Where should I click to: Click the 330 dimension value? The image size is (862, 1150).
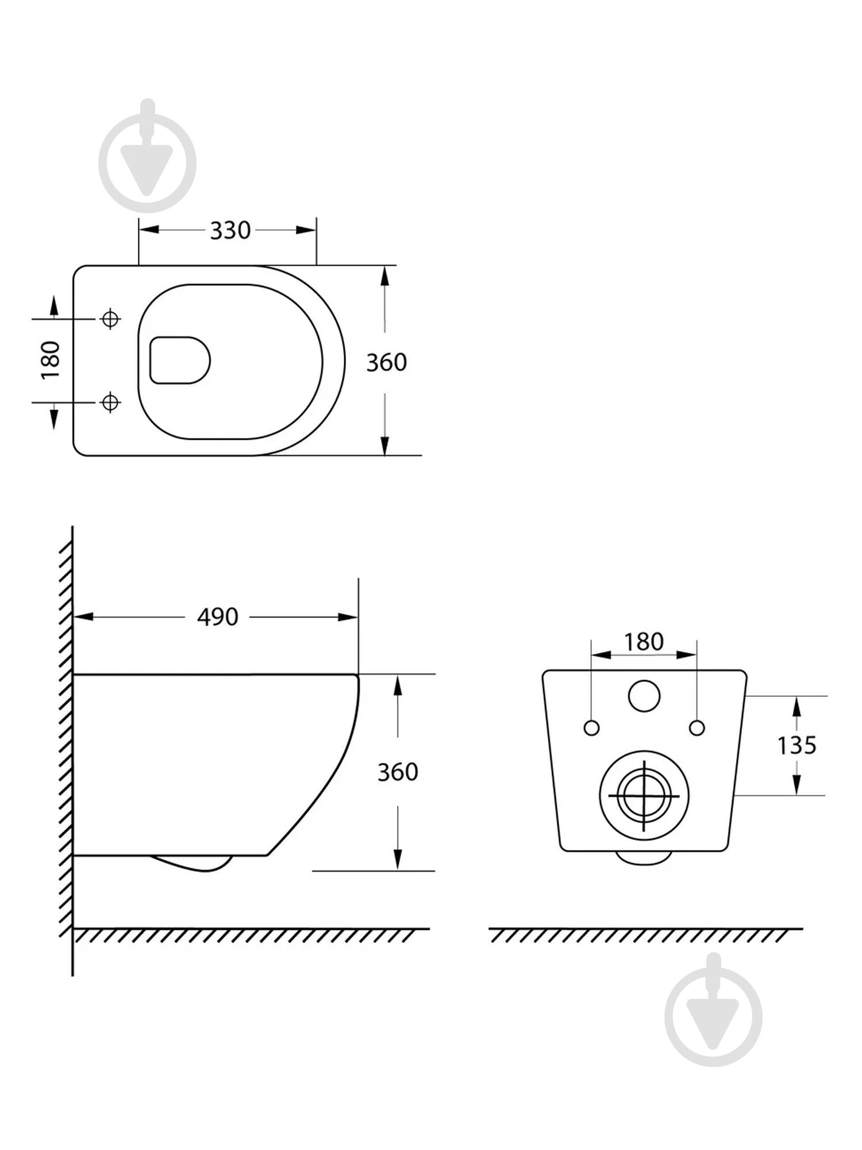(x=230, y=231)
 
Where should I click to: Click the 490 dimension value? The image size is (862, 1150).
(x=217, y=617)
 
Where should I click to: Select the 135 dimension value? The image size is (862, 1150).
(x=796, y=745)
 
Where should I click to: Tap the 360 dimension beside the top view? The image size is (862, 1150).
(x=386, y=362)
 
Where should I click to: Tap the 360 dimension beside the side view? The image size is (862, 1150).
(x=397, y=772)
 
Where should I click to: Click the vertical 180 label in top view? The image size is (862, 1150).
(x=51, y=360)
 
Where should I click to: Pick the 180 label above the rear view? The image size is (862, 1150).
(x=644, y=642)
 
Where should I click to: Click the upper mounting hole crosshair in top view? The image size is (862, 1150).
(x=110, y=318)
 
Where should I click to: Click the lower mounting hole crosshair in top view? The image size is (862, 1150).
(x=110, y=402)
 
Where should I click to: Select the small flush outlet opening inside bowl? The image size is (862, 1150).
(x=179, y=361)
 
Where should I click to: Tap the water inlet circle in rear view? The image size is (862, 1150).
(x=644, y=696)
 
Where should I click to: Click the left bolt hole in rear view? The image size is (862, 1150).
(x=591, y=728)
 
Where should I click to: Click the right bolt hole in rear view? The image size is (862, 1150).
(x=696, y=728)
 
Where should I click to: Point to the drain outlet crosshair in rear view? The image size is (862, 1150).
(x=644, y=796)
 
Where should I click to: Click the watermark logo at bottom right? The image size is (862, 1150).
(x=713, y=1014)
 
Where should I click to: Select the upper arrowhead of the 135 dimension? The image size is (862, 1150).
(x=796, y=706)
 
